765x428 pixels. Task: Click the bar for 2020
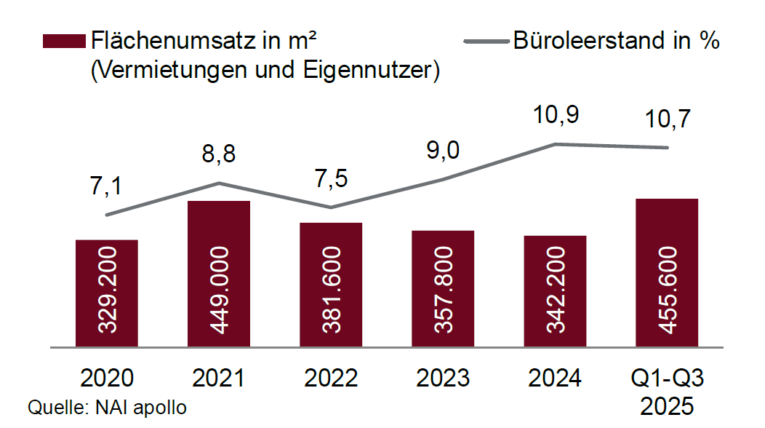pos(107,293)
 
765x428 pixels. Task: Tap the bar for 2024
pos(555,290)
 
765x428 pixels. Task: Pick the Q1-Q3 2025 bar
pos(667,272)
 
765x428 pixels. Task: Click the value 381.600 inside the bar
pos(331,290)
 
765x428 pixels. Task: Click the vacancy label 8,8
pos(219,154)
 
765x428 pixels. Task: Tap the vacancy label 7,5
pos(331,180)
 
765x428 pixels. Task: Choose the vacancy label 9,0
pos(443,150)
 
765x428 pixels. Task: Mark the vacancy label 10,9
pos(555,114)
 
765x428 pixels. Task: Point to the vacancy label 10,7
pos(667,118)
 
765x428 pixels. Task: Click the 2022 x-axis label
pos(331,379)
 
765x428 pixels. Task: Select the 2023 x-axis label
pos(443,379)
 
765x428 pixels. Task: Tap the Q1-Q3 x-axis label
pos(667,379)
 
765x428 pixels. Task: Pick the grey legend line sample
pos(485,41)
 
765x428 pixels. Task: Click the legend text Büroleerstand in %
pos(616,41)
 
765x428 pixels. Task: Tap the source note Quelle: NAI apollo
pos(107,408)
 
